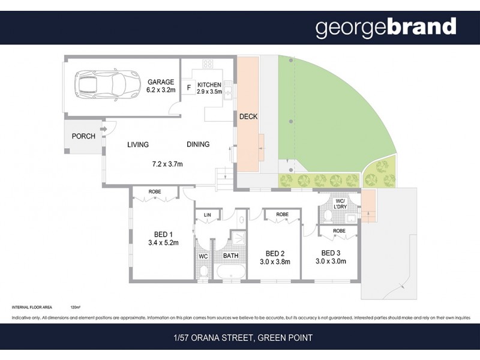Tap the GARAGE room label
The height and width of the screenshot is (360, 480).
pos(161,82)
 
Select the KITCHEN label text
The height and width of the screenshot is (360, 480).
pos(209,85)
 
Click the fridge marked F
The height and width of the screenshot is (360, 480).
pos(189,88)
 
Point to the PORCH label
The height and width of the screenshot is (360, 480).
pos(83,136)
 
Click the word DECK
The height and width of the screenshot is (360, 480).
pos(248,116)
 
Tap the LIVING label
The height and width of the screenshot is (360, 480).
pos(137,145)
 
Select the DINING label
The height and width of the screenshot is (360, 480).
pos(198,145)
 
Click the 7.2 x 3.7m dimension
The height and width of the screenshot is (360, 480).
pos(167,164)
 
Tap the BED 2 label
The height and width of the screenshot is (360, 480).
pos(275,253)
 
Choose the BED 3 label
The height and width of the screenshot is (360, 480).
pos(332,253)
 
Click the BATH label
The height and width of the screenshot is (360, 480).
pos(231,256)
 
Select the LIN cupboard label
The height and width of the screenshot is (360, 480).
pos(208,215)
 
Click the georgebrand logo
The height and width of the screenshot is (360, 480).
pos(386,26)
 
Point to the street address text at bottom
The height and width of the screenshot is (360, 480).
pos(240,338)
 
